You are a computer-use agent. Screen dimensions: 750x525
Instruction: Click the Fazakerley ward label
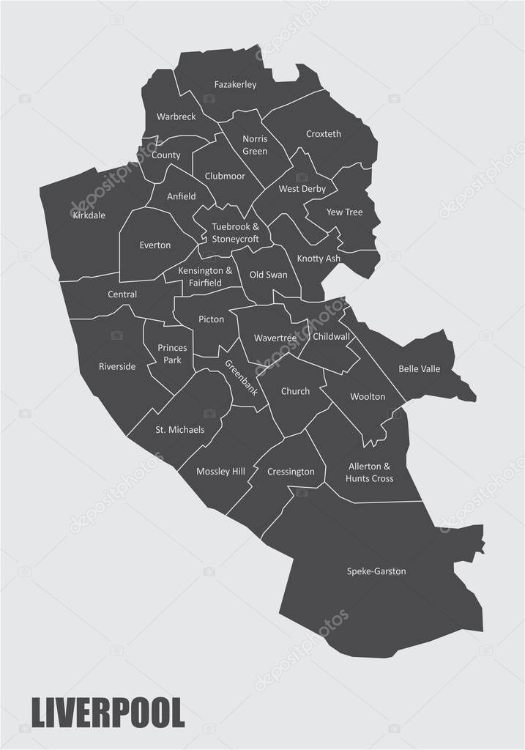(235, 85)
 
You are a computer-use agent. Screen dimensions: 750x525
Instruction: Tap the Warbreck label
(175, 117)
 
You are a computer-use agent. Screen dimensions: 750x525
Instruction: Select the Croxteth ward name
(323, 134)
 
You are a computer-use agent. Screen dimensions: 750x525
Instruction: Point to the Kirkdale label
(89, 215)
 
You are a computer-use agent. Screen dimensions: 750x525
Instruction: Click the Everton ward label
(154, 245)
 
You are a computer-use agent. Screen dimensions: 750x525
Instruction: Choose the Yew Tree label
(344, 212)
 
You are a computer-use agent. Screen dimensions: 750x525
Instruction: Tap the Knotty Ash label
(319, 259)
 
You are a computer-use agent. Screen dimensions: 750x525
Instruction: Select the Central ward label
(122, 294)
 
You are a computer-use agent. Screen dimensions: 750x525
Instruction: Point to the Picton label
(211, 319)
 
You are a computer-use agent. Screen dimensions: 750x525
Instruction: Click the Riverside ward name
(117, 366)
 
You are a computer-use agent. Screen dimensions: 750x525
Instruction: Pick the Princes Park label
(172, 354)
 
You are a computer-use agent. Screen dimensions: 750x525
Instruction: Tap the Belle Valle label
(419, 369)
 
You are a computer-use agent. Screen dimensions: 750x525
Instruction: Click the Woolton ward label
(368, 396)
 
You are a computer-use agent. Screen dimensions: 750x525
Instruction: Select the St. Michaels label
(179, 430)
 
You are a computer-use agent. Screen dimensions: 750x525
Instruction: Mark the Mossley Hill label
(220, 472)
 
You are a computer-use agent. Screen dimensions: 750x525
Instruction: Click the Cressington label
(291, 472)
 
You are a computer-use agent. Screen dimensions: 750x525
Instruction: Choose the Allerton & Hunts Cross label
(370, 472)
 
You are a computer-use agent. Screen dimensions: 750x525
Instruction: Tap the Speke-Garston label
(376, 571)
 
